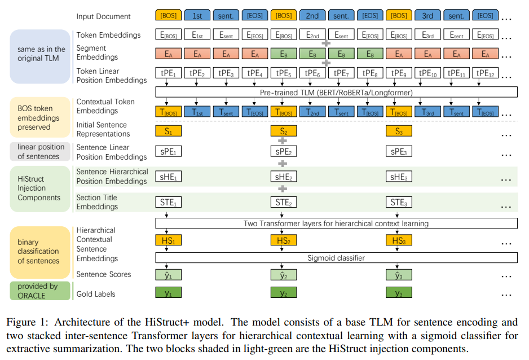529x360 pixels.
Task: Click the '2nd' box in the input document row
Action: (312, 16)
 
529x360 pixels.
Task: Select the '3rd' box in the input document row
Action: (427, 16)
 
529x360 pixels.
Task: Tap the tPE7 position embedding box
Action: (341, 73)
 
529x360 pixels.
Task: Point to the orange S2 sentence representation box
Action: (283, 131)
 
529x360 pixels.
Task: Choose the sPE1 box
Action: (168, 151)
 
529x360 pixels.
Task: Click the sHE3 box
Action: (398, 177)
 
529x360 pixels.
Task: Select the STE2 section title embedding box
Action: (283, 202)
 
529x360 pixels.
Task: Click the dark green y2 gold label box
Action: (283, 293)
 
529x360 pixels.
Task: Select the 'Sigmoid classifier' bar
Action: (337, 258)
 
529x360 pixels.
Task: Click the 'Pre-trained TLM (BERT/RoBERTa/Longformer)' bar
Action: (337, 91)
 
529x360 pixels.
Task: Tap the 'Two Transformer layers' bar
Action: (337, 223)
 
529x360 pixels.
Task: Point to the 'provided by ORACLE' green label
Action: (38, 291)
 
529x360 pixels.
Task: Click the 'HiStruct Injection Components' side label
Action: (38, 188)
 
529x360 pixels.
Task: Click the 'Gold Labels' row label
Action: (96, 294)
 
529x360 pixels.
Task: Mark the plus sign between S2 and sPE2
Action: (283, 141)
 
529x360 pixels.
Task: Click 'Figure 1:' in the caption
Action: (27, 323)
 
